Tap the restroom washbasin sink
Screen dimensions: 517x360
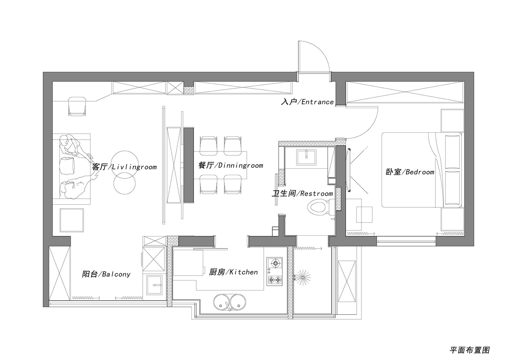[307, 157]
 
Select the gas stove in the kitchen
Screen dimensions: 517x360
[274, 272]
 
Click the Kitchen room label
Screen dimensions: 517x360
[233, 272]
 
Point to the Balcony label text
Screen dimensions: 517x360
[106, 274]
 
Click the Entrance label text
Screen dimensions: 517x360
[307, 102]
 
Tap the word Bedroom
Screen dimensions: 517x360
[420, 172]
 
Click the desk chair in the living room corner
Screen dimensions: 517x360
[77, 106]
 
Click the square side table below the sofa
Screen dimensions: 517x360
[72, 220]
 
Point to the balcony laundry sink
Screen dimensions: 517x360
[154, 285]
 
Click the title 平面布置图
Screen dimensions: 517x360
[469, 350]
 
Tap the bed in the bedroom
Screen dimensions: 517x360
[421, 170]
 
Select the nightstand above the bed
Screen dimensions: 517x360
[452, 121]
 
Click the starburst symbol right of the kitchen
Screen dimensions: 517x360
[303, 277]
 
